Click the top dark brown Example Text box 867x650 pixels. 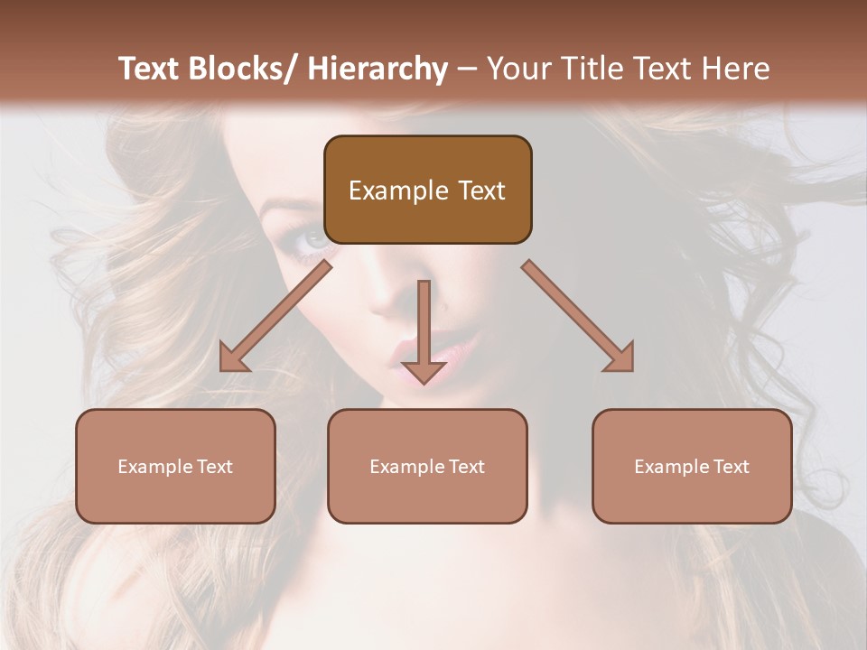click(x=427, y=190)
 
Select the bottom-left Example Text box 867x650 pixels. click(x=175, y=466)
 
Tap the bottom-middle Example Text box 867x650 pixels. click(x=427, y=466)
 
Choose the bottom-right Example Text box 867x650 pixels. click(x=692, y=466)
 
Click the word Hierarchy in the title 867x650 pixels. click(x=378, y=69)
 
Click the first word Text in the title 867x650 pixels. click(x=149, y=69)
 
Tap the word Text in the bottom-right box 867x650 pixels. click(x=731, y=467)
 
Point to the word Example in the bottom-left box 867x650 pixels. click(x=155, y=467)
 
